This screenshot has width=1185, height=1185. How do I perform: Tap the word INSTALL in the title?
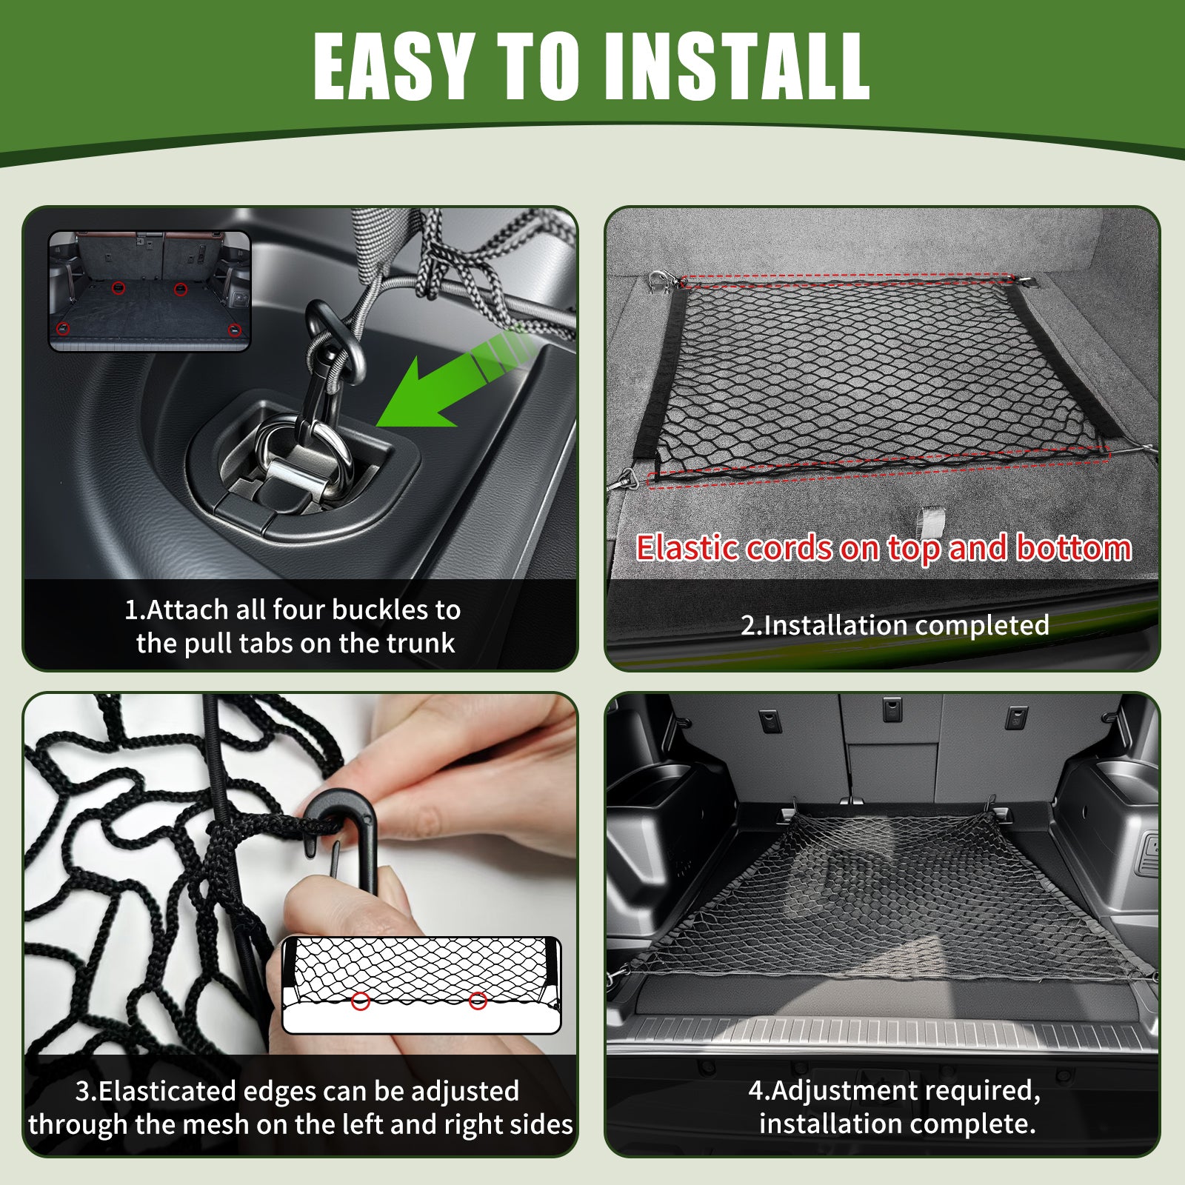(x=737, y=67)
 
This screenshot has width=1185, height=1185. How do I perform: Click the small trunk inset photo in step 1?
(x=150, y=291)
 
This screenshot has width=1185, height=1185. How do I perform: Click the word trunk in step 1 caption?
(x=417, y=643)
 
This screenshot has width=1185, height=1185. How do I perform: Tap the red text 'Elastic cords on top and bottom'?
(x=884, y=548)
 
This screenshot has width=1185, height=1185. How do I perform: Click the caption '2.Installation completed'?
(x=895, y=625)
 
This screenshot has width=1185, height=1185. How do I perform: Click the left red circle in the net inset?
(x=361, y=1002)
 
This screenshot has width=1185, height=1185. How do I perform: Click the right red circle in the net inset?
(x=478, y=1001)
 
